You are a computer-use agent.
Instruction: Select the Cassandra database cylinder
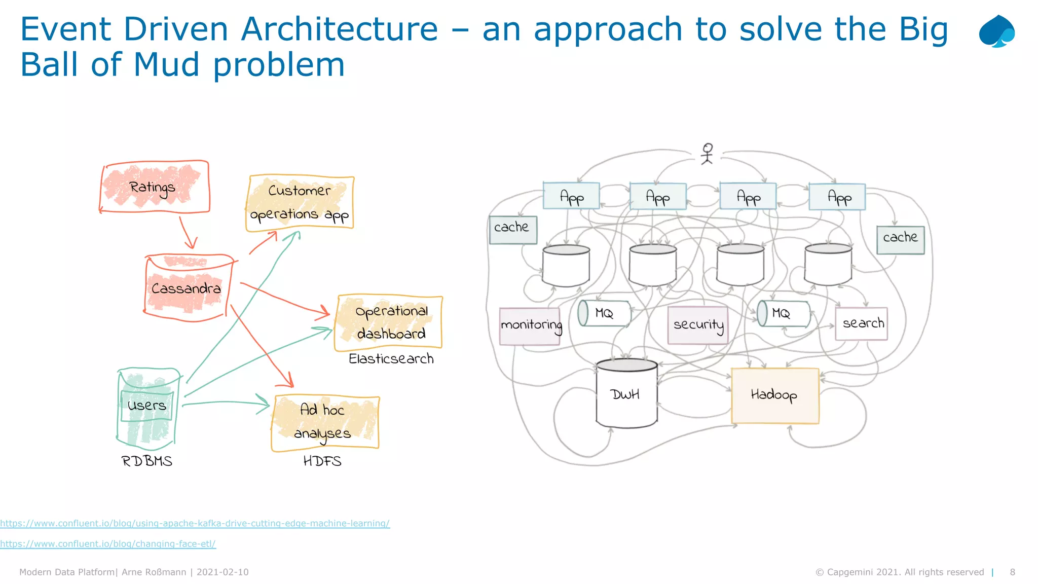tap(187, 288)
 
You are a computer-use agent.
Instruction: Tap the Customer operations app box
tap(300, 203)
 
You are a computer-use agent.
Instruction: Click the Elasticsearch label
tap(391, 359)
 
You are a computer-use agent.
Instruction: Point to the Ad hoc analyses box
tap(325, 422)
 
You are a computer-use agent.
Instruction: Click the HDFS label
tap(322, 461)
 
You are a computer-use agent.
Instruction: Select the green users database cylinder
tap(147, 408)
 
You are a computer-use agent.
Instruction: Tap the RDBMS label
tap(147, 461)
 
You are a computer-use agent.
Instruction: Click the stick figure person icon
tap(707, 154)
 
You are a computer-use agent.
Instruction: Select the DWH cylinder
tap(626, 394)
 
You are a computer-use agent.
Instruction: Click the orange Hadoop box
tap(774, 395)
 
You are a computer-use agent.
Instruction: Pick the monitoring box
tap(530, 326)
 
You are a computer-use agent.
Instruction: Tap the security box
tap(698, 325)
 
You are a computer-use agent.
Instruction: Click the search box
tap(862, 323)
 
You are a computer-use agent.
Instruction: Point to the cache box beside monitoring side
tap(512, 229)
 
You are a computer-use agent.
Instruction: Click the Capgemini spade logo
tap(996, 31)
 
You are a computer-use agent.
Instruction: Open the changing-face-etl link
tap(108, 544)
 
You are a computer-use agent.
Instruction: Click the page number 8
tap(1012, 572)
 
